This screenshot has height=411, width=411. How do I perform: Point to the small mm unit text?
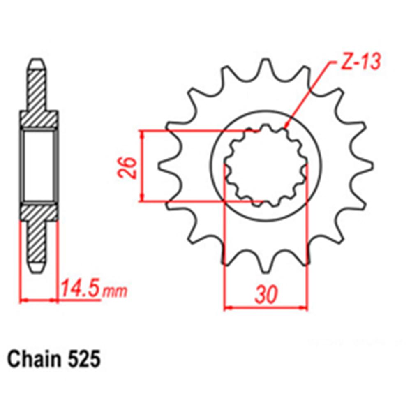(x=115, y=292)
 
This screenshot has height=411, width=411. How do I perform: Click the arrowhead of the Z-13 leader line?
(x=287, y=125)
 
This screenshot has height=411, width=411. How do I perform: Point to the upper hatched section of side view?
(x=38, y=99)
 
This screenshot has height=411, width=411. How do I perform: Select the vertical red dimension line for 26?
(x=142, y=166)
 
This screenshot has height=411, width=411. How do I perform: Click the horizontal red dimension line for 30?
(x=266, y=307)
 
